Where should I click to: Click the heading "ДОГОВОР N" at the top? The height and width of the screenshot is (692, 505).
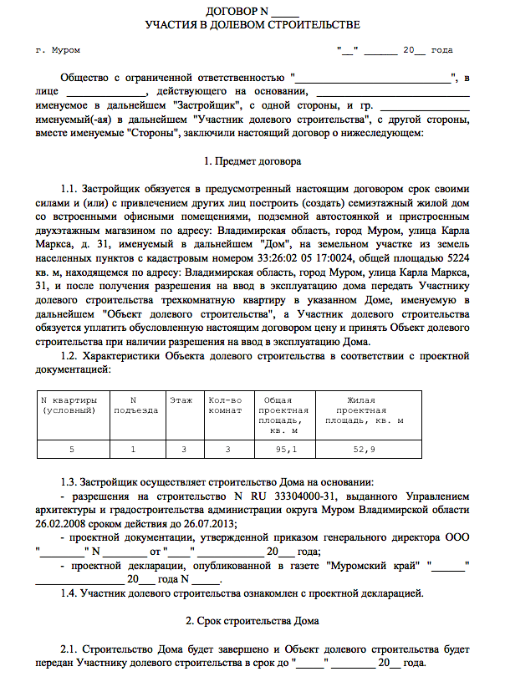pos(242,11)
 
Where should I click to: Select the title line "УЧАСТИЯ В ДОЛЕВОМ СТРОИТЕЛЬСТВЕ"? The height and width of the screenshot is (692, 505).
pos(252,24)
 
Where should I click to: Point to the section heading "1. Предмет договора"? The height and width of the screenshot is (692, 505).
pos(252,159)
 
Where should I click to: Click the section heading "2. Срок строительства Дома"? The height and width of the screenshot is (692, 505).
pos(252,621)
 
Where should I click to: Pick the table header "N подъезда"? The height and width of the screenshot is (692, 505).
pos(135,405)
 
